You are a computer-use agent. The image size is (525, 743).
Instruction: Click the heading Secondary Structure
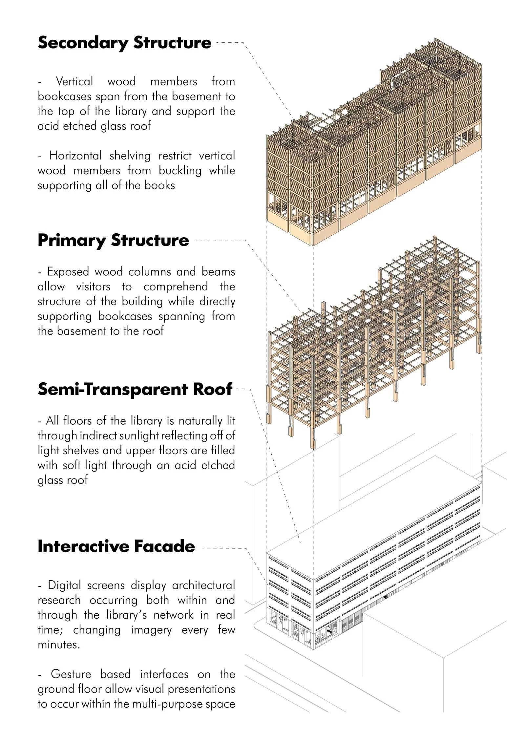click(x=124, y=43)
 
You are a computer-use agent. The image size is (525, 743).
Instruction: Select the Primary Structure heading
click(x=113, y=240)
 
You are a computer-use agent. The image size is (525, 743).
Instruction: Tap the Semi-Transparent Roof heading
click(x=135, y=389)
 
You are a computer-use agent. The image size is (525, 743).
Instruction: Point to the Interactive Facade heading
click(x=116, y=547)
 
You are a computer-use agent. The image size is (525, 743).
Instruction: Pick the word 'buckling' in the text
click(x=180, y=171)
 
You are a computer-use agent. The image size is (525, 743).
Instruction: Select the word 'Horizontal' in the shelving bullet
click(x=75, y=156)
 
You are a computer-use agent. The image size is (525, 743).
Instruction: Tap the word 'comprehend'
click(x=176, y=287)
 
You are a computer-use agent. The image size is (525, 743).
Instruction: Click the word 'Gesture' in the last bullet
click(x=71, y=674)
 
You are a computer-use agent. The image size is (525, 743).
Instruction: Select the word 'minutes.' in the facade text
click(x=59, y=645)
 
